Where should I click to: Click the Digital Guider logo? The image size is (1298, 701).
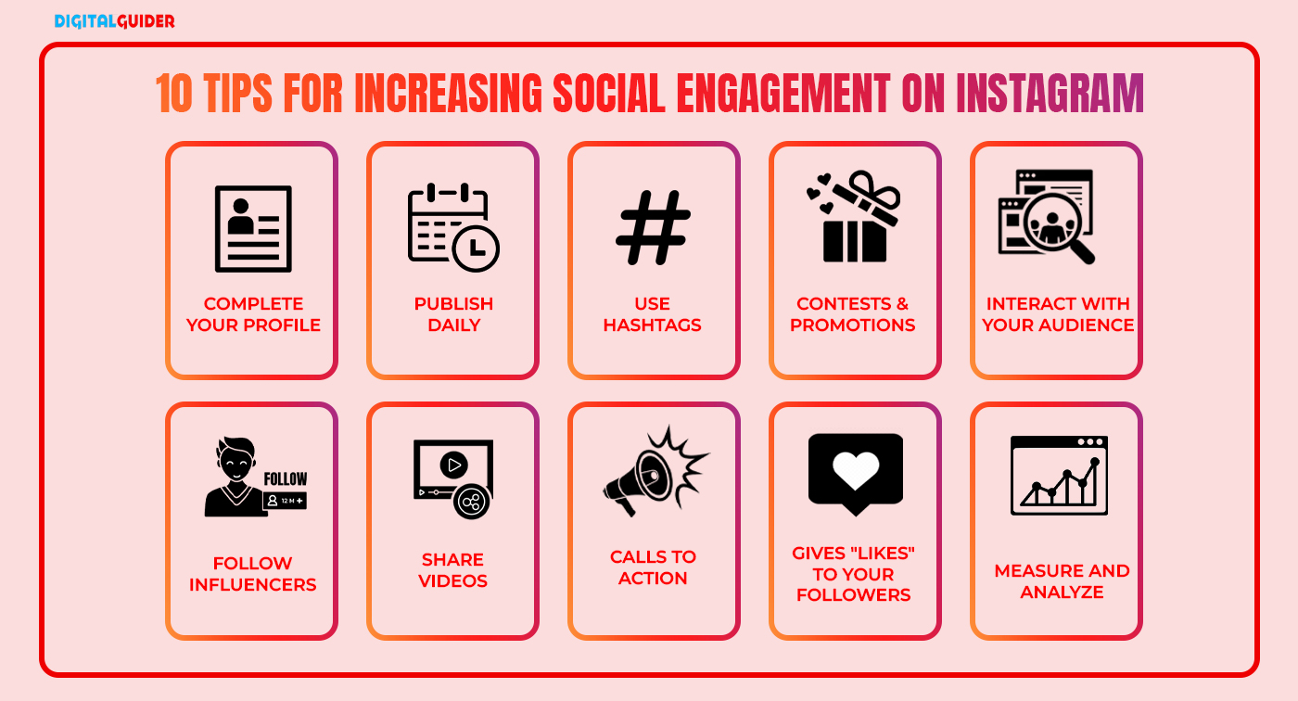114,20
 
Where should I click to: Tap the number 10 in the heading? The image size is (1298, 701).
173,93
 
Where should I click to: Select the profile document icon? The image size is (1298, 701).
253,228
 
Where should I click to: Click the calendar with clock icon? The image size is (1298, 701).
453,227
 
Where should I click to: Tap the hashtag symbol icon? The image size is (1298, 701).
654,228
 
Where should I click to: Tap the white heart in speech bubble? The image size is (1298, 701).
855,471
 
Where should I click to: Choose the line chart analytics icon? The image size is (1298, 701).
1059,475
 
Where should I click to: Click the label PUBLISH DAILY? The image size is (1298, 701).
453,314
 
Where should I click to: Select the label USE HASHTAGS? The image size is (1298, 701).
653,314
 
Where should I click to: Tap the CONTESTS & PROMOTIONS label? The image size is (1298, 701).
853,314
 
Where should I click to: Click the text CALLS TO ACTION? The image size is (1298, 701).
653,567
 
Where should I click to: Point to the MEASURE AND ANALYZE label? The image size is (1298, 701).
1062,581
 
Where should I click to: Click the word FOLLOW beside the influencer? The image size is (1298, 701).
286,478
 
